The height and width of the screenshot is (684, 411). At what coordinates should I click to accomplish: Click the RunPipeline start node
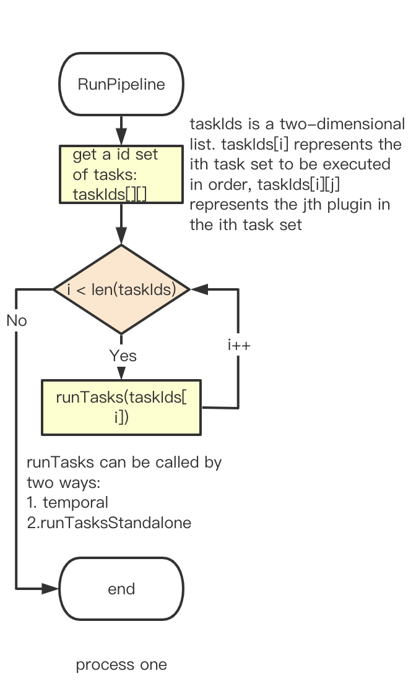[121, 85]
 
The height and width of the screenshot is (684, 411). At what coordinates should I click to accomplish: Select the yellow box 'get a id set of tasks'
[121, 174]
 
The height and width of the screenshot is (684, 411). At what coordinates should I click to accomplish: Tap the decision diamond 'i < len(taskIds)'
[121, 289]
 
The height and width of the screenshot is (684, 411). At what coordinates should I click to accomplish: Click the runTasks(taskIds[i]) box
[121, 408]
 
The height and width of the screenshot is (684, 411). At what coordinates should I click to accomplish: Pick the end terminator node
[121, 589]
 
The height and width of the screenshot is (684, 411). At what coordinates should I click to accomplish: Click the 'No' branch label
[17, 320]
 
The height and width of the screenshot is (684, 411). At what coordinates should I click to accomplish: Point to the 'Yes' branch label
[123, 356]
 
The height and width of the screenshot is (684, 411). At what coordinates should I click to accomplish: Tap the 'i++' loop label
[239, 345]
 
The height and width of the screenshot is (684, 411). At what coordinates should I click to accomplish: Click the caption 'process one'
[121, 665]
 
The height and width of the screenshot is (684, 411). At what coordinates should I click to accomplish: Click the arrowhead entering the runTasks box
[121, 374]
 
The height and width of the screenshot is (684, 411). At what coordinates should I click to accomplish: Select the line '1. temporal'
[67, 502]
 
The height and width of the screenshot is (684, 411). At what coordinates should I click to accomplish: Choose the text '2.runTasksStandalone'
[109, 523]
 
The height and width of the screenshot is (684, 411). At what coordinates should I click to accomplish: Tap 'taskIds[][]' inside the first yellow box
[110, 194]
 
